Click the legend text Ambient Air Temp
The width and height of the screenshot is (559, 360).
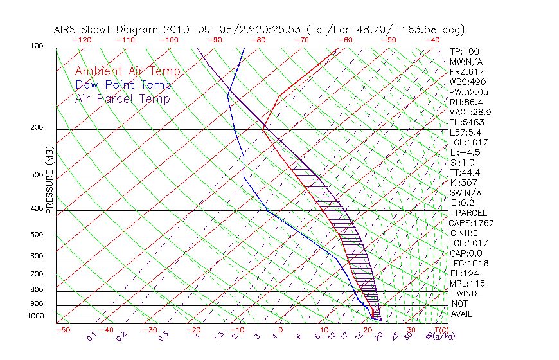pyautogui.click(x=127, y=71)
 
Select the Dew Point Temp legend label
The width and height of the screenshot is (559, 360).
pyautogui.click(x=123, y=85)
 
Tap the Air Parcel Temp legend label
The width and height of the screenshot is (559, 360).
pyautogui.click(x=122, y=98)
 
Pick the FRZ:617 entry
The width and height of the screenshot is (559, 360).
pyautogui.click(x=466, y=71)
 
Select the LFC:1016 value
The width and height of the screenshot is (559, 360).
pyautogui.click(x=468, y=264)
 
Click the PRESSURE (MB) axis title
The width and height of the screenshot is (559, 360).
pyautogui.click(x=49, y=183)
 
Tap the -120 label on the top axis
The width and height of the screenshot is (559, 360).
pyautogui.click(x=82, y=39)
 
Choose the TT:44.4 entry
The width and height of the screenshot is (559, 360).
pyautogui.click(x=466, y=172)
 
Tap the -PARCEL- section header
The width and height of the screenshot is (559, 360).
pyautogui.click(x=472, y=213)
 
